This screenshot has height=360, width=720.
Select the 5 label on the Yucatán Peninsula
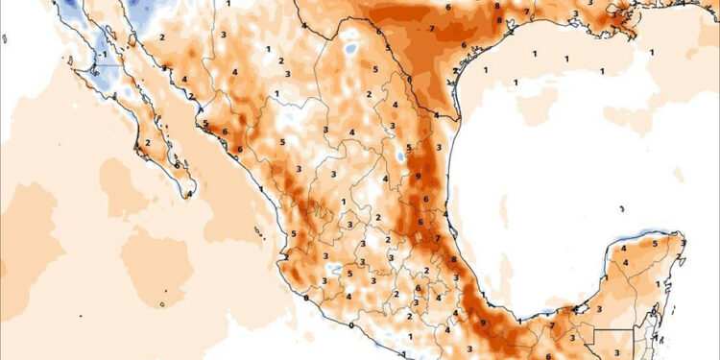point(655,244)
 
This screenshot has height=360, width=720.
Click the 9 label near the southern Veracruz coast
point(482,323)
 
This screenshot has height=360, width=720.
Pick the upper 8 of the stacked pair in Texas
point(497,7)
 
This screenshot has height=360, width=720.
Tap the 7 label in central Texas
point(433,30)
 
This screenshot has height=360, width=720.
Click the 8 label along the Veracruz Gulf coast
point(453,260)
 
